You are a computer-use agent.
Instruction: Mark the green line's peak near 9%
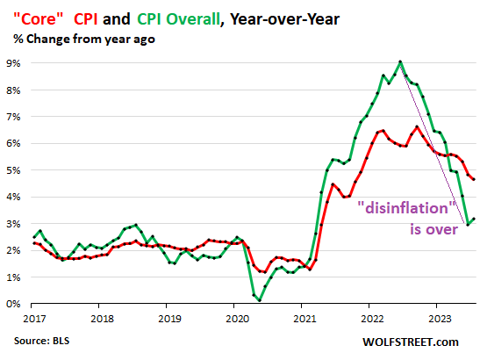(400, 61)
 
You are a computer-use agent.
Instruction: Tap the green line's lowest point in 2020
(260, 300)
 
